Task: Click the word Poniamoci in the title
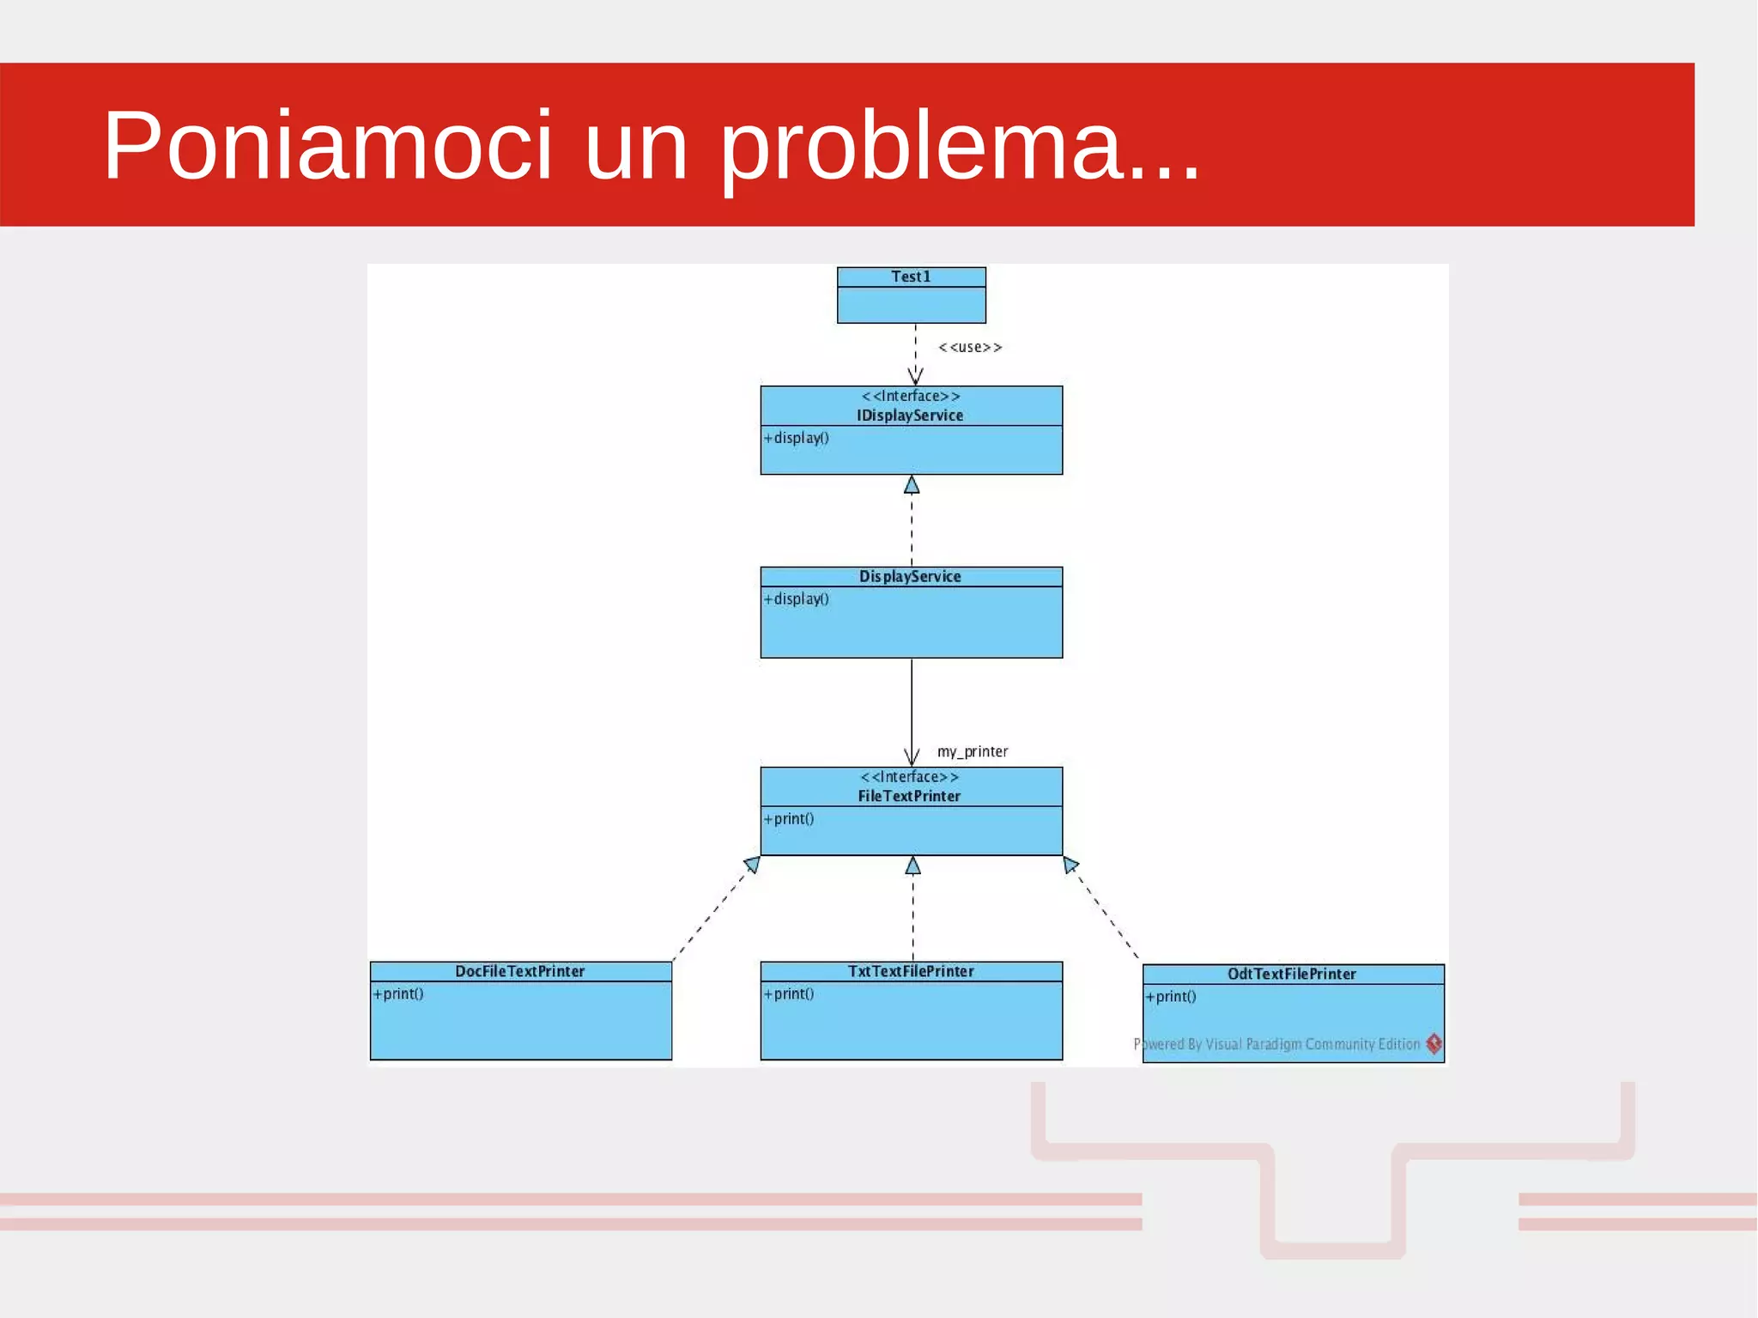[x=327, y=146]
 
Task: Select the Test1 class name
[x=911, y=276]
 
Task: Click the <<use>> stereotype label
[x=970, y=347]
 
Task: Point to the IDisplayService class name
[x=910, y=416]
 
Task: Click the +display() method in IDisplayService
[x=797, y=438]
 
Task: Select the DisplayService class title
[x=910, y=576]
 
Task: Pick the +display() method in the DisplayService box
[x=797, y=598]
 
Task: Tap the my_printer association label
[x=973, y=751]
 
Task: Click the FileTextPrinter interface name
[x=909, y=796]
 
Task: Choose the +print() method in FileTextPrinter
[x=789, y=818]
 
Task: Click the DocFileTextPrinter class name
[x=520, y=971]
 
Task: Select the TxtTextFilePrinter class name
[x=911, y=971]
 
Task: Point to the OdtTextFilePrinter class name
[x=1292, y=974]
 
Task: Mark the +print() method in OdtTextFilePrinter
[x=1171, y=996]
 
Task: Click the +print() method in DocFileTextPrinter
[x=398, y=993]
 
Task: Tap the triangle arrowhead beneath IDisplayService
[x=912, y=485]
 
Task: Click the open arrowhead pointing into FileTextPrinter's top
[x=912, y=757]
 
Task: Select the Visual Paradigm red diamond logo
[x=1434, y=1043]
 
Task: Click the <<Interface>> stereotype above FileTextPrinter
[x=910, y=777]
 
